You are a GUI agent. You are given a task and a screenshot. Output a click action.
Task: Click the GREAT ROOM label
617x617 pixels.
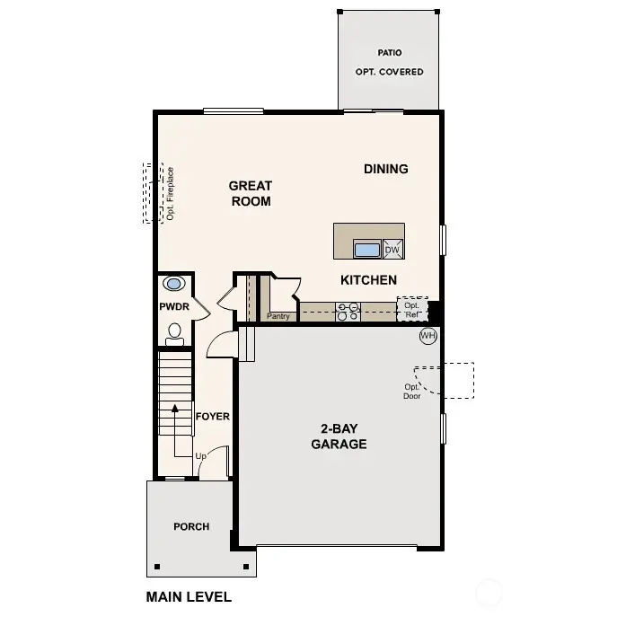[251, 193]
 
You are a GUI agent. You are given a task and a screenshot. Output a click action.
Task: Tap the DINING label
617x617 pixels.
[386, 169]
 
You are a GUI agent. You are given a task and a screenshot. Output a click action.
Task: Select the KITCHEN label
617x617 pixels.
[368, 280]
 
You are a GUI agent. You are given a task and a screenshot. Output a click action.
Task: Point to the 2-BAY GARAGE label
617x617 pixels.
[339, 436]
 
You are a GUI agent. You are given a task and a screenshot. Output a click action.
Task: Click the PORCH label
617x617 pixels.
[191, 526]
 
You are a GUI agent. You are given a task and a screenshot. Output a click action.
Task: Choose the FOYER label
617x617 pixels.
[213, 417]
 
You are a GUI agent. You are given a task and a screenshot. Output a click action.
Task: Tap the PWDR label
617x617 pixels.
[173, 307]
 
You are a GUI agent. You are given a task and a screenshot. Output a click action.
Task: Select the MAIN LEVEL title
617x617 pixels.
[189, 596]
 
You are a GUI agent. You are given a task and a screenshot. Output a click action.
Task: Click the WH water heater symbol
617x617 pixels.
[428, 336]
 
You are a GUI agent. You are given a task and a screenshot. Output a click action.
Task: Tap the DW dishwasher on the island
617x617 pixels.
[392, 250]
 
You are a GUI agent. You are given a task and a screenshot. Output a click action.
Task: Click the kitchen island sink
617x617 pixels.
[367, 250]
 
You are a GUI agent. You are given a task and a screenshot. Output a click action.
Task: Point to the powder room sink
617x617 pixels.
[173, 284]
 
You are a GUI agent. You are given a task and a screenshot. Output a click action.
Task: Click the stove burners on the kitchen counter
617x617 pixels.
[348, 311]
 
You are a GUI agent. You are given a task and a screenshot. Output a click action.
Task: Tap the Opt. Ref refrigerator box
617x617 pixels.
[412, 310]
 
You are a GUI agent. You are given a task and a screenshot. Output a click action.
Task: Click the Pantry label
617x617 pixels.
[278, 316]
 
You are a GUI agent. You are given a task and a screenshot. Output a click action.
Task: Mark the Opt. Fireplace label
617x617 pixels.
[169, 193]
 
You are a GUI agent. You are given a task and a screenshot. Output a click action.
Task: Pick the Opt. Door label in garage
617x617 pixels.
[412, 391]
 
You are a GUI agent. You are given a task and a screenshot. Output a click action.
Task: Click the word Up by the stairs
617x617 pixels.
[201, 455]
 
